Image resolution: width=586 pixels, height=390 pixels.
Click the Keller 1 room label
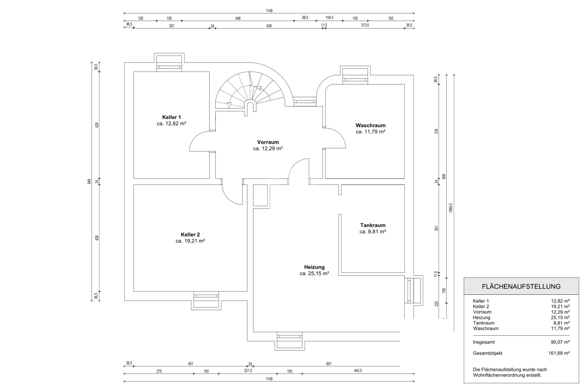pos(172,117)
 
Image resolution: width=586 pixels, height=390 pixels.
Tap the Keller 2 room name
pos(190,234)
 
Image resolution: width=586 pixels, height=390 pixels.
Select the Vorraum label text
pos(268,142)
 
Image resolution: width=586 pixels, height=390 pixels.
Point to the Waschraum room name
pos(371,125)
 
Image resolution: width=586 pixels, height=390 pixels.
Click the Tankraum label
pos(373,225)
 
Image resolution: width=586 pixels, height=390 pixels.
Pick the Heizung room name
pos(314,267)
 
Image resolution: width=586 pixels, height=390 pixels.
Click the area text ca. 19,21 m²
pos(190,241)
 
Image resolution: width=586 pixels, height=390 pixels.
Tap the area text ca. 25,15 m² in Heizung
pos(314,274)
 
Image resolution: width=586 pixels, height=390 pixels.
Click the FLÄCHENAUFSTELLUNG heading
pos(521,287)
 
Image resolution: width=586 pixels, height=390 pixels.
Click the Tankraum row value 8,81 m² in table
pos(561,323)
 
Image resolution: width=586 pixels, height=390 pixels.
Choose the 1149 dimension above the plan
pos(269,11)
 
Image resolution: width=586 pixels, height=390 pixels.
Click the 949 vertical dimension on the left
pos(89,181)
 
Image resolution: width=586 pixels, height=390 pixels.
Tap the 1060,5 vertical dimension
pos(451,208)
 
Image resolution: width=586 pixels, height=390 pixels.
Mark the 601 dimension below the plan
pos(329,363)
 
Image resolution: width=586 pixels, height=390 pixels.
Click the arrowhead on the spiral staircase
pos(259,88)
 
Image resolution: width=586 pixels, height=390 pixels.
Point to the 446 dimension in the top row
pos(238,18)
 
